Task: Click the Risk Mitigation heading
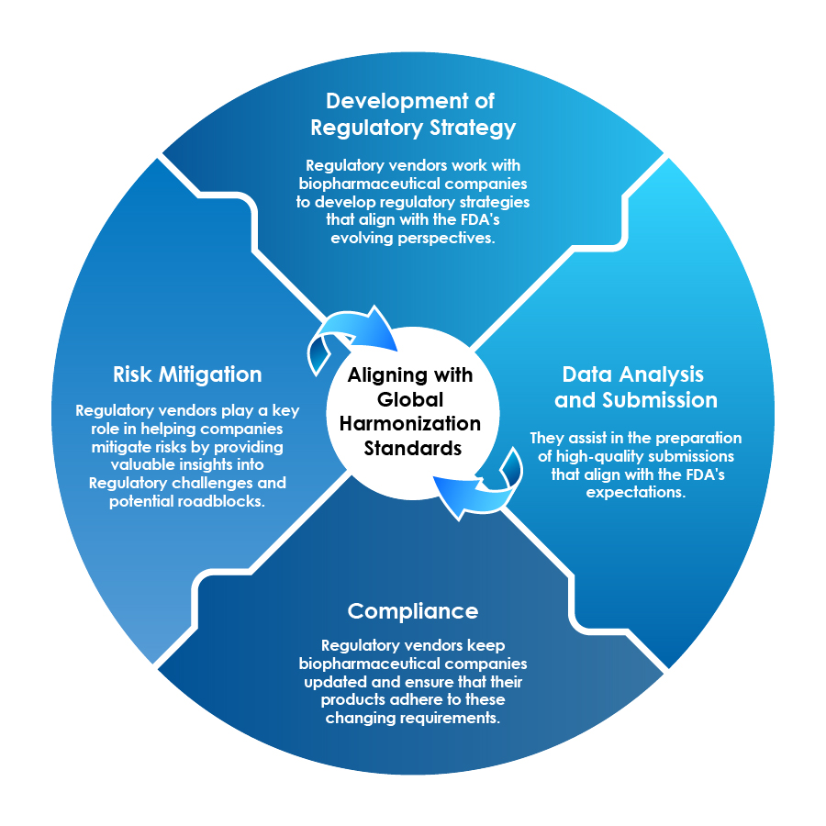[x=187, y=374]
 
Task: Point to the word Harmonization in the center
[x=411, y=424]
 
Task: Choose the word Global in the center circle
[x=411, y=400]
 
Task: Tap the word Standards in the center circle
[x=411, y=449]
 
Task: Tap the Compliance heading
[x=413, y=611]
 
